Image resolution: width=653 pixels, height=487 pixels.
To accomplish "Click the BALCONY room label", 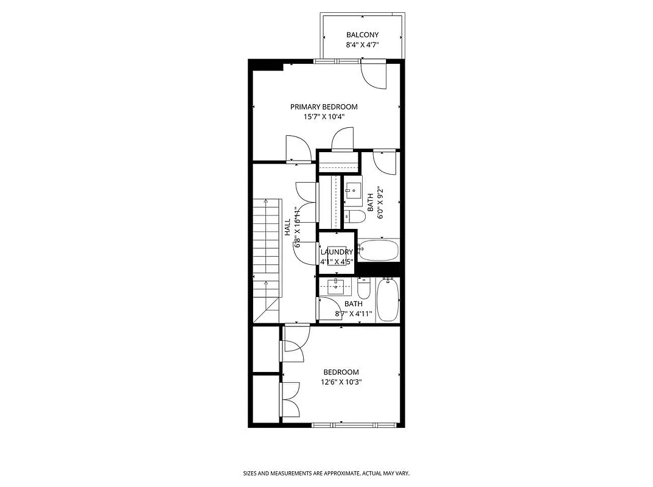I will click(362, 35).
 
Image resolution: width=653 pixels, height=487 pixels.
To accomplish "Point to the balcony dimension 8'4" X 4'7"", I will click(362, 45).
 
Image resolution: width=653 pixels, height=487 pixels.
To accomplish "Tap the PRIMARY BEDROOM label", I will click(324, 107).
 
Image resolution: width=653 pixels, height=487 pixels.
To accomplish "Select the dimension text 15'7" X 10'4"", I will click(324, 117).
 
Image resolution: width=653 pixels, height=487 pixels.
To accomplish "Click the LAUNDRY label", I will click(337, 252).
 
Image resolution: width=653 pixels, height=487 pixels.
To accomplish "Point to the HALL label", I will click(287, 228).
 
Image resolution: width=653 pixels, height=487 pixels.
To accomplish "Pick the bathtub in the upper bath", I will click(378, 250).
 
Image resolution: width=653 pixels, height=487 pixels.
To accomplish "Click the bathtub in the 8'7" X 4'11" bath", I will click(388, 299).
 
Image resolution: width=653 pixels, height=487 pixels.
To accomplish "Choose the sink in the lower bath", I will click(335, 285).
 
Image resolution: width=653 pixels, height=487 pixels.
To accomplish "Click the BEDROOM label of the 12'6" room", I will click(341, 372).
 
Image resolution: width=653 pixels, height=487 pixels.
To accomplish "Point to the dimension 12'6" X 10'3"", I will click(341, 382).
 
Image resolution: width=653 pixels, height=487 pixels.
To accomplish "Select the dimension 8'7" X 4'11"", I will click(354, 314).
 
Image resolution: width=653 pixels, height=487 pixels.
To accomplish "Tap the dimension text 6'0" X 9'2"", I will click(380, 203).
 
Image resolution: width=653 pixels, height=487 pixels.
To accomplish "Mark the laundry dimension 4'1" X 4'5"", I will click(337, 262).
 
